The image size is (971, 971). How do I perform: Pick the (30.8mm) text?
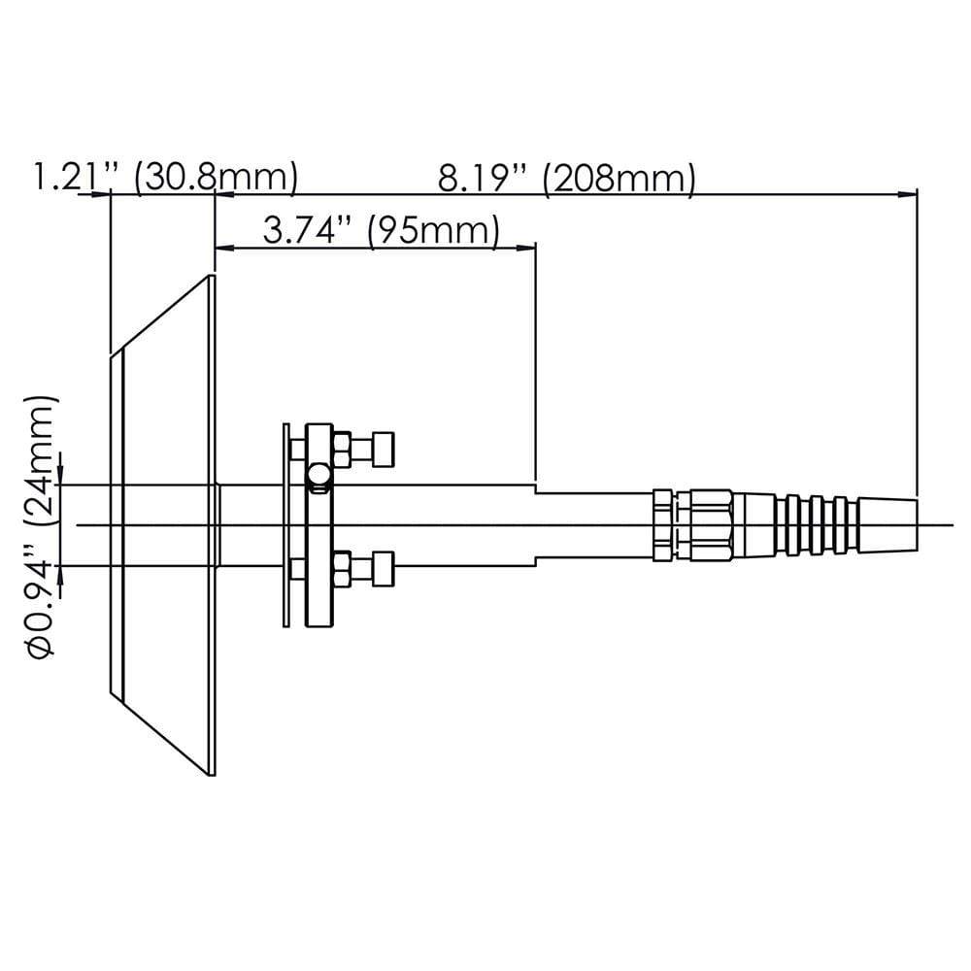tap(216, 179)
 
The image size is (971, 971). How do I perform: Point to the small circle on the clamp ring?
tap(316, 476)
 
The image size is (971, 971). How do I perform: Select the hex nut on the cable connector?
tap(710, 524)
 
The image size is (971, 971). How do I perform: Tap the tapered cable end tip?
tap(887, 524)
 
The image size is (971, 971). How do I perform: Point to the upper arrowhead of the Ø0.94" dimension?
tap(61, 477)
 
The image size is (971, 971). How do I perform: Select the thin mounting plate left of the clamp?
tap(285, 524)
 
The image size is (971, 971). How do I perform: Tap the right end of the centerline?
tap(952, 525)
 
